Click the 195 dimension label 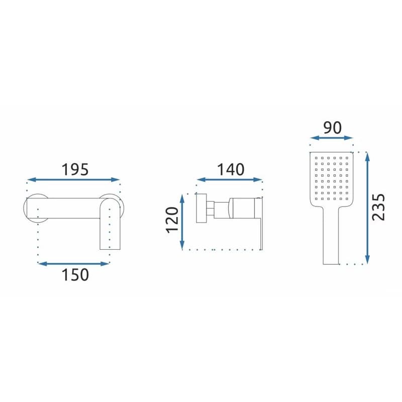75,170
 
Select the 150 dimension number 75,275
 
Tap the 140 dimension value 231,170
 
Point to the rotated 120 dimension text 172,220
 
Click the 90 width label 333,128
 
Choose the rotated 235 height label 379,207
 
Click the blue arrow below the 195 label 73,180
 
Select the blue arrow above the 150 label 74,263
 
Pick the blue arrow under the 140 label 229,180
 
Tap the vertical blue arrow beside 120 182,222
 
